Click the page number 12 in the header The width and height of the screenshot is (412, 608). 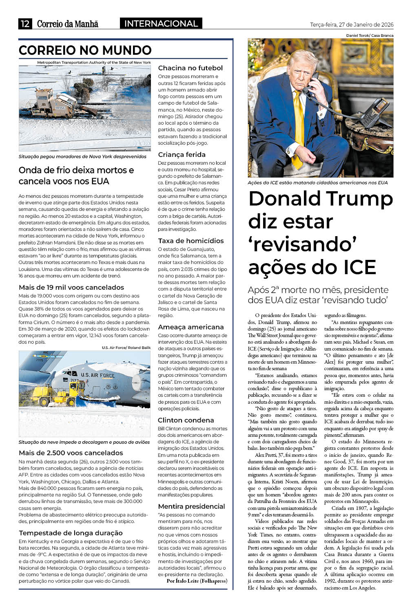(x=25, y=24)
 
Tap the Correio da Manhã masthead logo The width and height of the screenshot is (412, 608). (x=68, y=24)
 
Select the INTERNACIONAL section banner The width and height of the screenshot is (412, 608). (x=161, y=24)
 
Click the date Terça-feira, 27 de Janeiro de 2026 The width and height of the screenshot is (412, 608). (x=352, y=25)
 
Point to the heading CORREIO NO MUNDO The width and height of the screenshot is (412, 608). (x=85, y=50)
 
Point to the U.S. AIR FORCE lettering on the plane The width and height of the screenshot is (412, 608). (x=98, y=375)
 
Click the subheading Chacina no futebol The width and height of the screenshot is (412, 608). (x=190, y=68)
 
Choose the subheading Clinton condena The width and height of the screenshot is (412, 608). (x=186, y=420)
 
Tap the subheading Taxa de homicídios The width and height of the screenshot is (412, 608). (x=191, y=241)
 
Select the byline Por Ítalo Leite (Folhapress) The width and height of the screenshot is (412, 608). (x=197, y=581)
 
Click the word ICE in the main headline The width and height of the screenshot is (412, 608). (x=354, y=267)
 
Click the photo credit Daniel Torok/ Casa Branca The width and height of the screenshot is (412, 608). (x=370, y=36)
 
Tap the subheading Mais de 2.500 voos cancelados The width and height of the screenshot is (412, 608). (x=71, y=453)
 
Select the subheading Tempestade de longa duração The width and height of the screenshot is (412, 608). (x=71, y=533)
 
